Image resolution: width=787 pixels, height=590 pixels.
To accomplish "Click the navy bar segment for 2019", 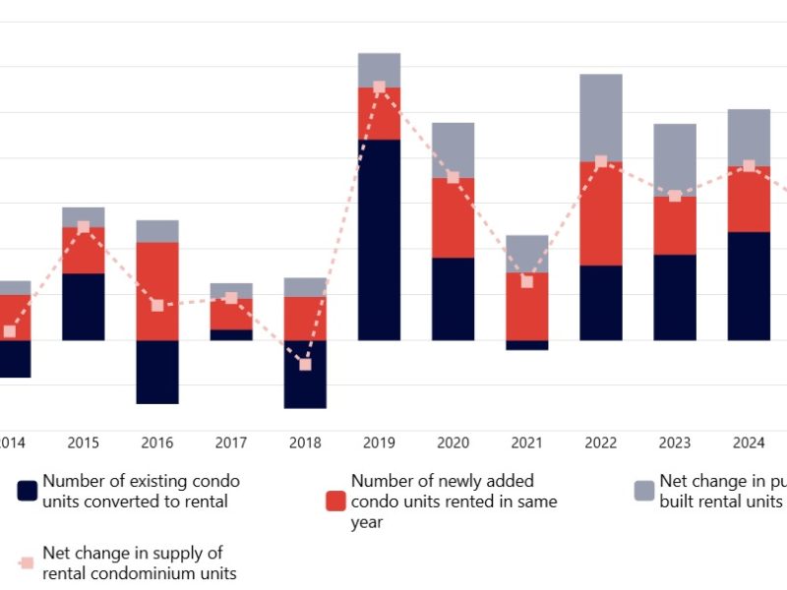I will pos(379,240).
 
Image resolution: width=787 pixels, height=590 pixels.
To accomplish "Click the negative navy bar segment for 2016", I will pos(157,372).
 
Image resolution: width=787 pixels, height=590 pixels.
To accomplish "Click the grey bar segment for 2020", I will pos(453,149).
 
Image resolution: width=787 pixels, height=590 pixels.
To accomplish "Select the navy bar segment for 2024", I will pos(748,286).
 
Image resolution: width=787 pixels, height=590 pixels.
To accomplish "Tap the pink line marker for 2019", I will pos(379,88).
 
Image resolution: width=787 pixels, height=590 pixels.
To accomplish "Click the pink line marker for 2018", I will pos(305,364).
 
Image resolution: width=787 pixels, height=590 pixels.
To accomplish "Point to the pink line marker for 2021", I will pos(526,281).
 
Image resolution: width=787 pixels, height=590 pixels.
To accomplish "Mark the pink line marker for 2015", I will pos(84,227).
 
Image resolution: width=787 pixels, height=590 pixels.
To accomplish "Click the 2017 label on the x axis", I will pos(231,442).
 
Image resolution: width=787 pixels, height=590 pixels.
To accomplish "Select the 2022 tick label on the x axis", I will pos(600,442).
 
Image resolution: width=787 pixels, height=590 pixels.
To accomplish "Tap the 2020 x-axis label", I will pos(453,442).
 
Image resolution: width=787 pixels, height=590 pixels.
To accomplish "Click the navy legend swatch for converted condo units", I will pos(28,491).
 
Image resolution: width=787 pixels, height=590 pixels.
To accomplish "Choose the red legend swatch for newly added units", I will pos(335,501).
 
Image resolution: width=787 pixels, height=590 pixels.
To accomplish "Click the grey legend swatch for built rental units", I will pos(644,491).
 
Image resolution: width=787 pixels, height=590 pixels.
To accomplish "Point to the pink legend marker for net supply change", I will pos(28,563).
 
